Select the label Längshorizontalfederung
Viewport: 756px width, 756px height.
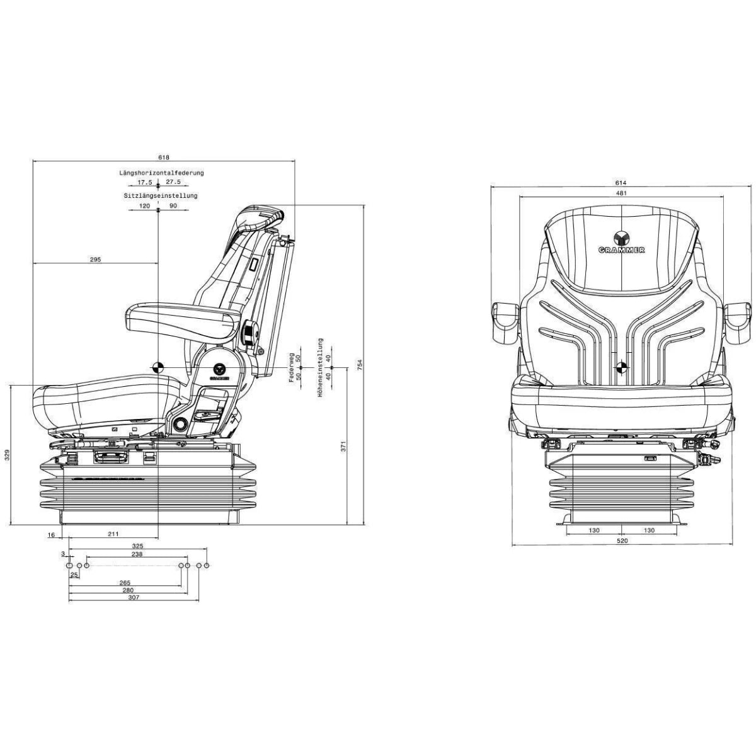click(162, 172)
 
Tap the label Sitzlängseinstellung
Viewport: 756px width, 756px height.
click(161, 196)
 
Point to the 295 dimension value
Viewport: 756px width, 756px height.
click(95, 259)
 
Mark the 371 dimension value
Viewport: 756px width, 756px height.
click(343, 446)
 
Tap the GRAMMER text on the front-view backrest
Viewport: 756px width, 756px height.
click(621, 250)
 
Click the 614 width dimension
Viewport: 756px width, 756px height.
click(621, 183)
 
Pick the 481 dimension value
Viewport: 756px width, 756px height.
click(621, 193)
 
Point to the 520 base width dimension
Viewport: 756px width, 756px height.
click(621, 541)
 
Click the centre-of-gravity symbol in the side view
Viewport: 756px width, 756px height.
click(157, 367)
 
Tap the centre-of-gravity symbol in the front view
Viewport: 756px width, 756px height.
click(622, 367)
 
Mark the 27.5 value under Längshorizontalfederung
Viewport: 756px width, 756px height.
click(173, 182)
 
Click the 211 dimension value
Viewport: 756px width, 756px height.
click(113, 534)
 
